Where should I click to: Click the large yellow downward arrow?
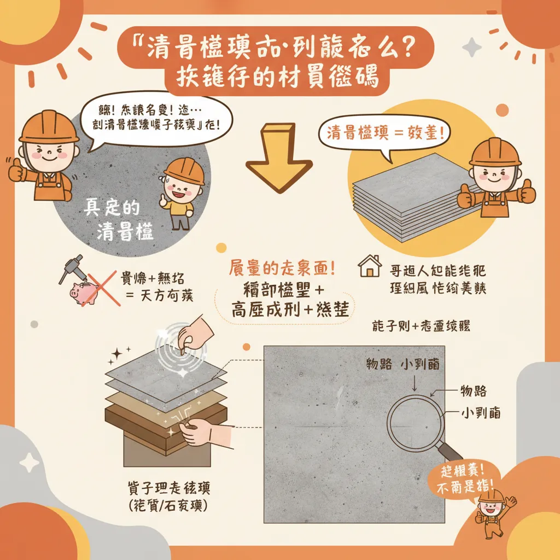(278, 159)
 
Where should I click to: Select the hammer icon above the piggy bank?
(71, 268)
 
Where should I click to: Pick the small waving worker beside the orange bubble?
(490, 506)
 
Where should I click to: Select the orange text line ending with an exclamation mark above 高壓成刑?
(281, 270)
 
